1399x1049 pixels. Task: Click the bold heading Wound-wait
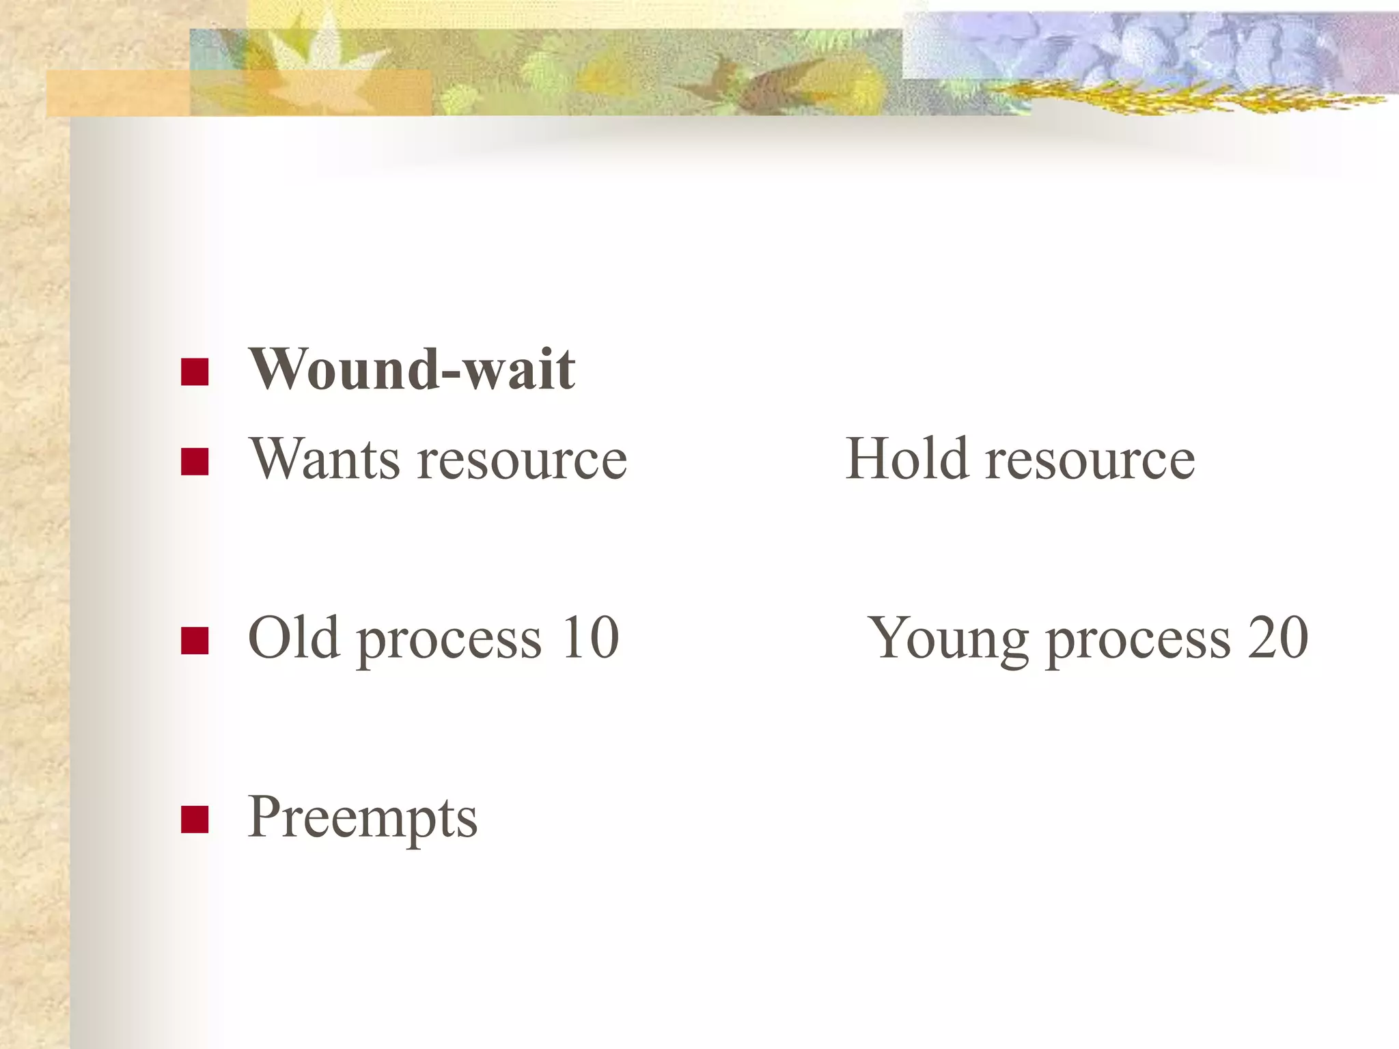[x=412, y=369]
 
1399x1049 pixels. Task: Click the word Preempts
[x=363, y=818]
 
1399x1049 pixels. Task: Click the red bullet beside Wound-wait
[x=195, y=372]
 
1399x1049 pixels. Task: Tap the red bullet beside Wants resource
[x=195, y=462]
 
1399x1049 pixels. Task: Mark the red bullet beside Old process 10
[x=195, y=641]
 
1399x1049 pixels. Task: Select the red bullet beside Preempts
[x=195, y=820]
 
